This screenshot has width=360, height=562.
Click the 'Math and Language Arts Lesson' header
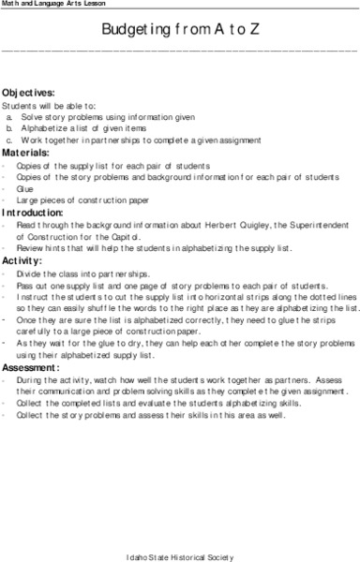click(47, 6)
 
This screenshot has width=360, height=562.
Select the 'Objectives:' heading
click(28, 92)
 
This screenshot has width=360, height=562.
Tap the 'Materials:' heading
click(26, 150)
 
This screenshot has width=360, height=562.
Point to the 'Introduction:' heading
click(33, 213)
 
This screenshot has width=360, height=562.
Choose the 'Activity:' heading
click(22, 259)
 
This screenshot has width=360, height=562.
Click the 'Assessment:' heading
click(31, 369)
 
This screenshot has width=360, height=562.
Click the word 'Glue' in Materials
click(25, 186)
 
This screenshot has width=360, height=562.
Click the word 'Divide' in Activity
click(28, 273)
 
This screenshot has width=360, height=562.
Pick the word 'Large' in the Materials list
click(27, 199)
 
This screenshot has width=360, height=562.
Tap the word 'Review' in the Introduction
click(29, 248)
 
